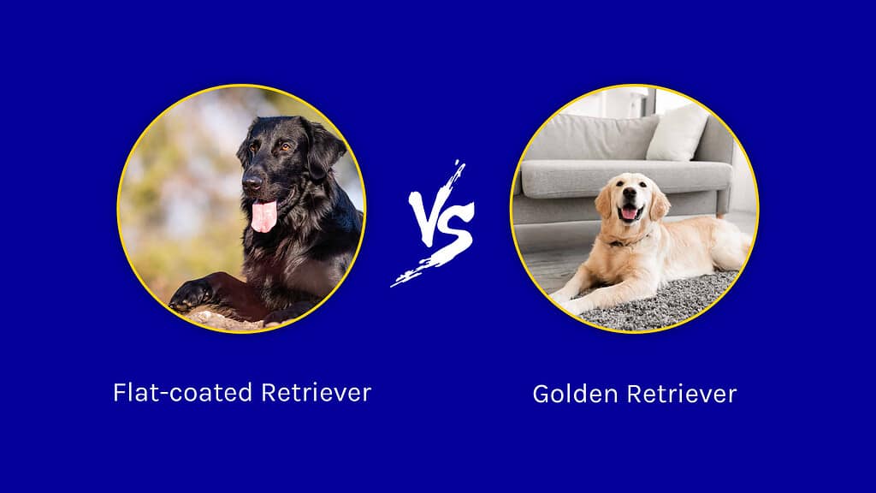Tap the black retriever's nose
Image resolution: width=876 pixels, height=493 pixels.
tap(252, 182)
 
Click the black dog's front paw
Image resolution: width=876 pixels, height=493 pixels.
tap(190, 295)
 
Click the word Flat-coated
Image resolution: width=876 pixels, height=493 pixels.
tap(183, 393)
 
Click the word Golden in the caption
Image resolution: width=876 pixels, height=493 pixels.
tap(570, 394)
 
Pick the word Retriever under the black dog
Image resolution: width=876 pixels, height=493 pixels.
tap(317, 393)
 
